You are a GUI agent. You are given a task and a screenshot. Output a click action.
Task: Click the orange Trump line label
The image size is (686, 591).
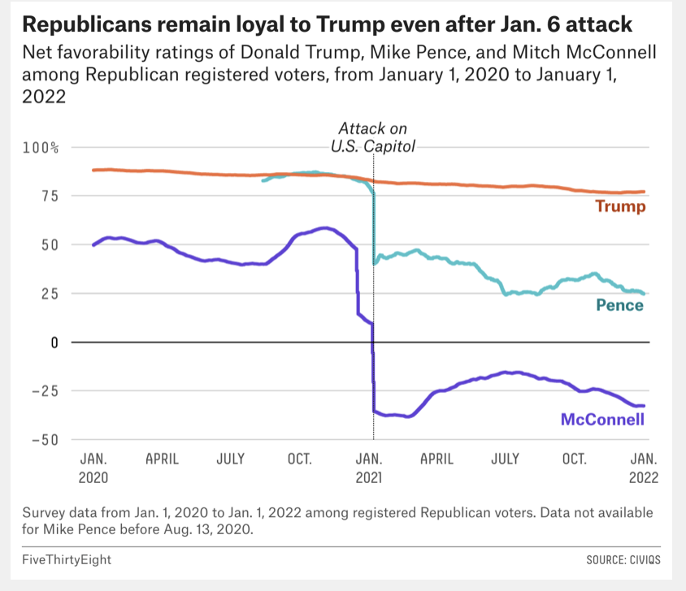tap(620, 206)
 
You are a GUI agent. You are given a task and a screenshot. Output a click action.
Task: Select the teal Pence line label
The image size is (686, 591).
tap(619, 305)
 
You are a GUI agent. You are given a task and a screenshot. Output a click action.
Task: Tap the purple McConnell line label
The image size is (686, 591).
tap(602, 419)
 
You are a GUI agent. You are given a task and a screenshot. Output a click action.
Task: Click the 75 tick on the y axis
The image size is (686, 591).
tap(49, 196)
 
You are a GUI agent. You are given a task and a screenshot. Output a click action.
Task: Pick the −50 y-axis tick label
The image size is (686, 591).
tap(44, 439)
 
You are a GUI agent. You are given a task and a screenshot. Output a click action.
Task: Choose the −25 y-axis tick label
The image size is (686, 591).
tap(44, 390)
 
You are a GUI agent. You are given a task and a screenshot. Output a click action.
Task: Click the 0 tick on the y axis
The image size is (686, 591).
tap(55, 342)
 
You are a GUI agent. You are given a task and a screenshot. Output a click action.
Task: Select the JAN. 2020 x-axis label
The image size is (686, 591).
tap(93, 468)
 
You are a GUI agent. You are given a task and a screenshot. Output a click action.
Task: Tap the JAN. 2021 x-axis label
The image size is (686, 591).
tap(370, 468)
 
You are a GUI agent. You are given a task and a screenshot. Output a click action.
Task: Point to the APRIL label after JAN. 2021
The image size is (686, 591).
tap(436, 459)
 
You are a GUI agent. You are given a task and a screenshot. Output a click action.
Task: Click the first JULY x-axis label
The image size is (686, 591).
tap(230, 459)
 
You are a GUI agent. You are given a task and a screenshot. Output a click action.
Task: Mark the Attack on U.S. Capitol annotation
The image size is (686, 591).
tap(372, 138)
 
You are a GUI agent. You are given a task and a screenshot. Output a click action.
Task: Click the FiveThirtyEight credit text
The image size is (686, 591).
tap(67, 559)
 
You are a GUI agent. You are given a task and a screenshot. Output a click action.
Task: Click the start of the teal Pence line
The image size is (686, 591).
tap(262, 180)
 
